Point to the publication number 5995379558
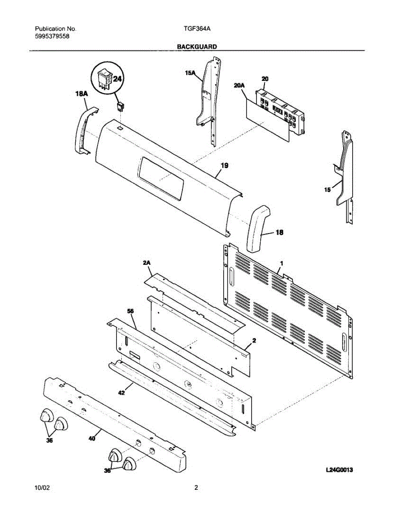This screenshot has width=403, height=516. pyautogui.click(x=52, y=36)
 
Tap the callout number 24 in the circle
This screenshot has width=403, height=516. pyautogui.click(x=117, y=79)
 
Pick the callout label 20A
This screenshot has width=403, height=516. pyautogui.click(x=239, y=86)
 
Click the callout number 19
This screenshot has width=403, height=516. pyautogui.click(x=224, y=165)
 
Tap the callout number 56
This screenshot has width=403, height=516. pyautogui.click(x=130, y=310)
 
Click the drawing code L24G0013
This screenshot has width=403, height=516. pyautogui.click(x=339, y=470)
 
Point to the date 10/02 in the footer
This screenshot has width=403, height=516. pyautogui.click(x=42, y=488)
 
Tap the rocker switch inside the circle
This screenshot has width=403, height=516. pyautogui.click(x=105, y=79)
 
